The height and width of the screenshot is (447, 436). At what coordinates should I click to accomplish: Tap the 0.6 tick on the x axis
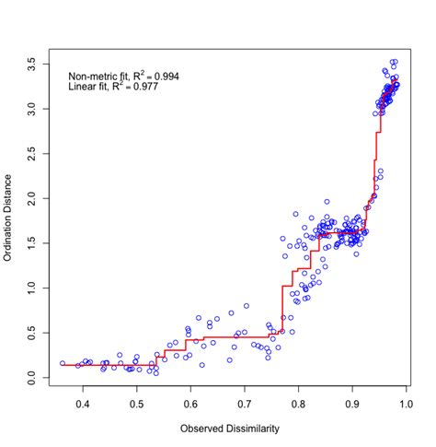190,402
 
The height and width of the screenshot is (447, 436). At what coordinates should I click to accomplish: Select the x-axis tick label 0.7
245,402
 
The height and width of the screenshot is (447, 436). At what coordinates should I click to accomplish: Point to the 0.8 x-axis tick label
298,402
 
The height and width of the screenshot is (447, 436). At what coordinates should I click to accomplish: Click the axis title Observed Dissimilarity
229,429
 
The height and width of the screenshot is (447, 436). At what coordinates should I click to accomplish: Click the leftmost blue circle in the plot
63,363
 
